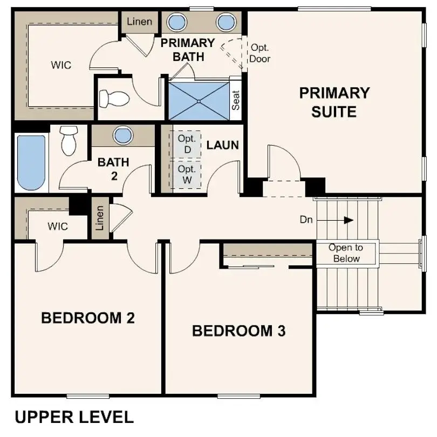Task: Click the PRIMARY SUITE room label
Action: point(334,102)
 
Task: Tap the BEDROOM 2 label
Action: point(87,318)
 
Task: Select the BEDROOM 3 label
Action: point(238,331)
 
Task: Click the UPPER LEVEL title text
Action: point(73,417)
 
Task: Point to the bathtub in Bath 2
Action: point(31,162)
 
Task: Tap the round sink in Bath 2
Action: point(123,135)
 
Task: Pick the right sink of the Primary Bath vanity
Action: point(226,23)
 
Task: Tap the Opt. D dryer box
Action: point(186,144)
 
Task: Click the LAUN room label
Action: point(222,145)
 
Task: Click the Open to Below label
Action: point(346,253)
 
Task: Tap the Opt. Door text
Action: point(260,53)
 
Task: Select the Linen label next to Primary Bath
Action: point(139,22)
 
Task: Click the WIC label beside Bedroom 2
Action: point(57,227)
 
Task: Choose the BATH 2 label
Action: point(113,167)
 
